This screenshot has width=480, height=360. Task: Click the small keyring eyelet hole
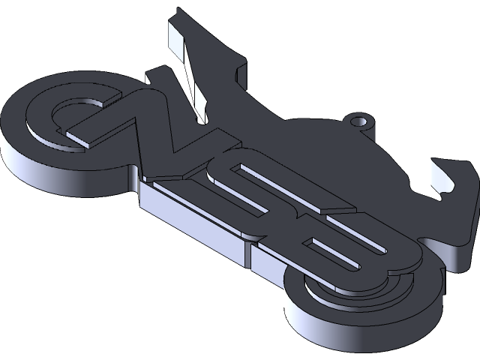(x=361, y=121)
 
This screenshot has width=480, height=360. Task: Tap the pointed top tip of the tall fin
(x=178, y=12)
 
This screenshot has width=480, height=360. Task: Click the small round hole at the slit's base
(x=201, y=118)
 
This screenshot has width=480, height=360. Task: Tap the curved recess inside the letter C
(x=71, y=112)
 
